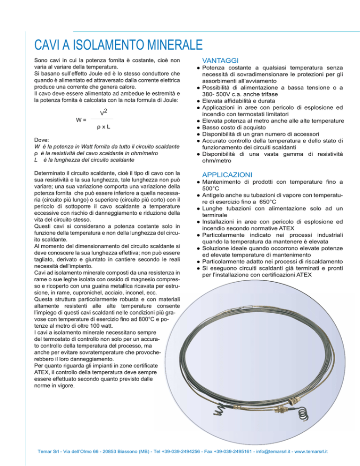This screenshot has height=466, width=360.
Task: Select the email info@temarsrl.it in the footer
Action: coord(258,452)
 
